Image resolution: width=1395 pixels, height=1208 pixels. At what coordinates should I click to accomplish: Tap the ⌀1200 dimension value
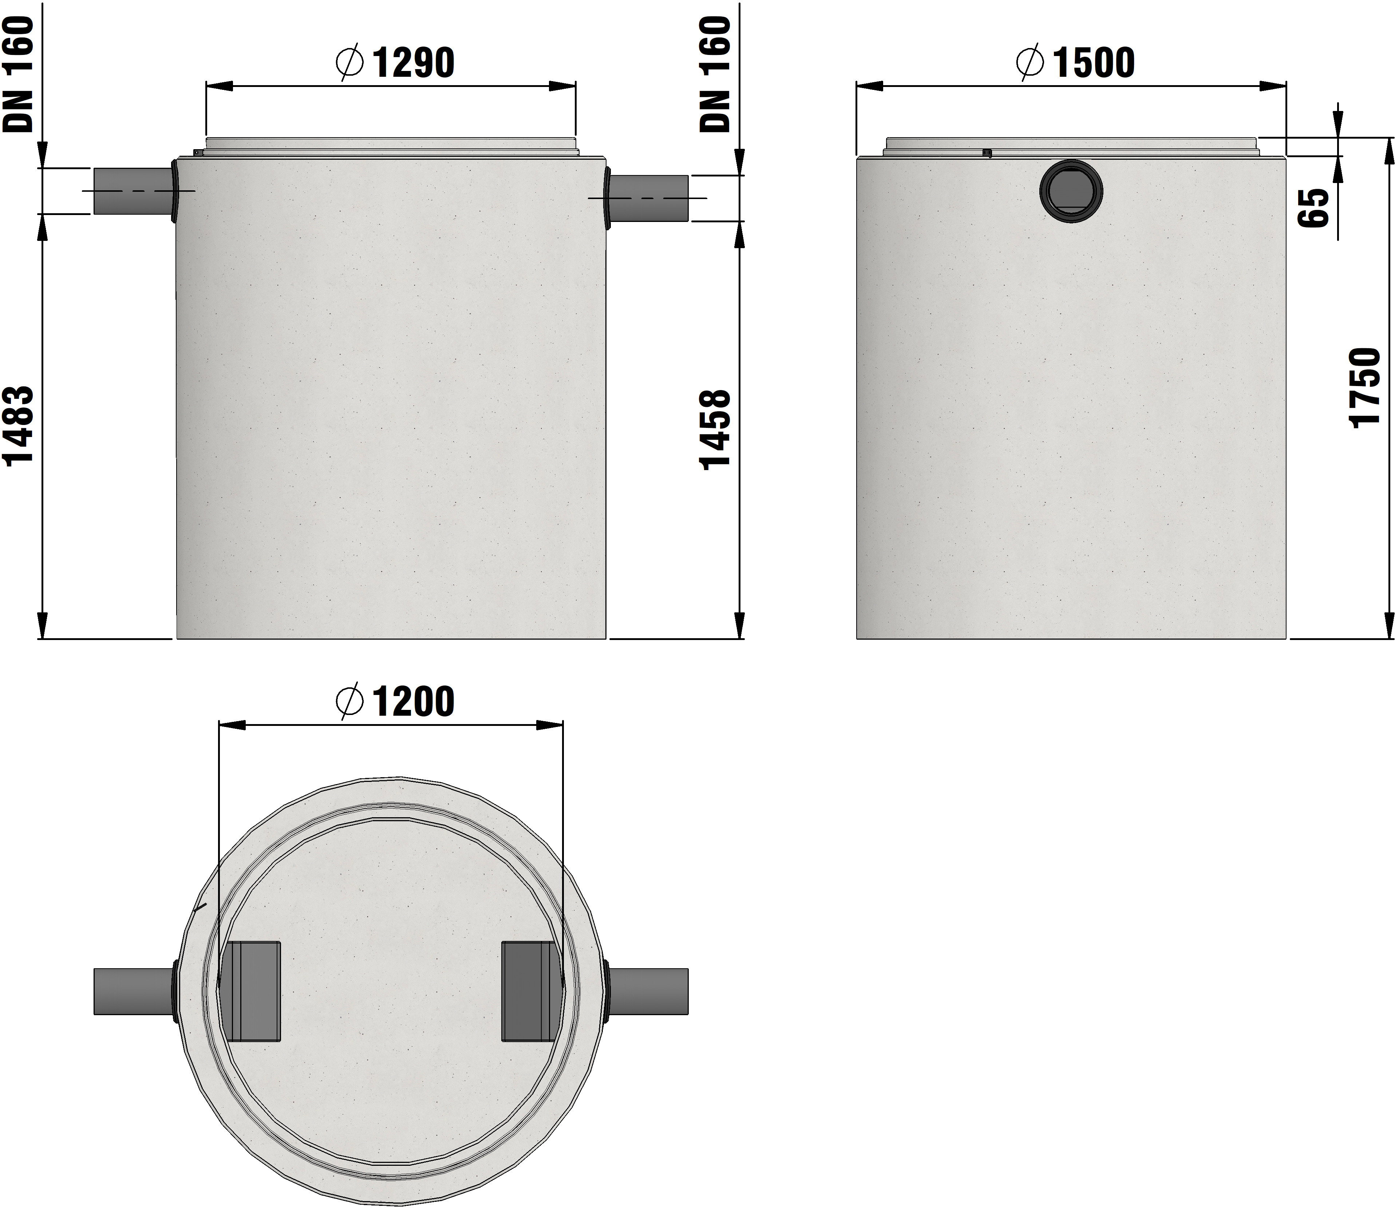coord(395,702)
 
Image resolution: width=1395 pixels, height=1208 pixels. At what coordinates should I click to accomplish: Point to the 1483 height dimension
coord(18,426)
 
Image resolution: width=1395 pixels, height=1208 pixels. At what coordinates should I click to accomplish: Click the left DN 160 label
coord(18,74)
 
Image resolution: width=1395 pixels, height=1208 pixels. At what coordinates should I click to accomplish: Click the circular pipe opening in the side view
coord(1071,191)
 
